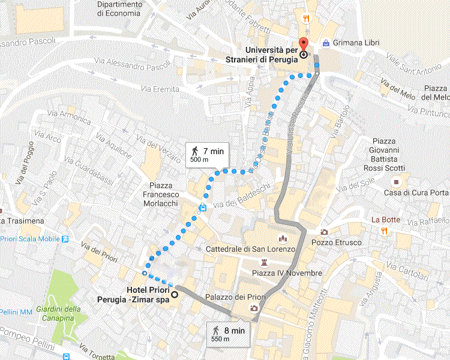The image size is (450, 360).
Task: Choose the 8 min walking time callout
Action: (x=228, y=333)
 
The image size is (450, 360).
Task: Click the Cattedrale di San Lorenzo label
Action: (x=251, y=248)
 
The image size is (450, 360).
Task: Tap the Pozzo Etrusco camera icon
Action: (x=325, y=232)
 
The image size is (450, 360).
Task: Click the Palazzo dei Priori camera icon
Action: (x=254, y=308)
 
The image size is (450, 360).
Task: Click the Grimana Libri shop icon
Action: (x=325, y=43)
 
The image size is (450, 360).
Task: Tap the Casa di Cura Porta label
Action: (x=416, y=193)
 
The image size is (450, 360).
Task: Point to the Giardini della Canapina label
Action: (x=58, y=313)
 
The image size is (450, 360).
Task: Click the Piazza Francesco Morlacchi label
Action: (x=161, y=194)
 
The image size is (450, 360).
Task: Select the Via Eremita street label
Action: (x=160, y=89)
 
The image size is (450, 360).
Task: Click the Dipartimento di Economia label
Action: (x=120, y=8)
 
